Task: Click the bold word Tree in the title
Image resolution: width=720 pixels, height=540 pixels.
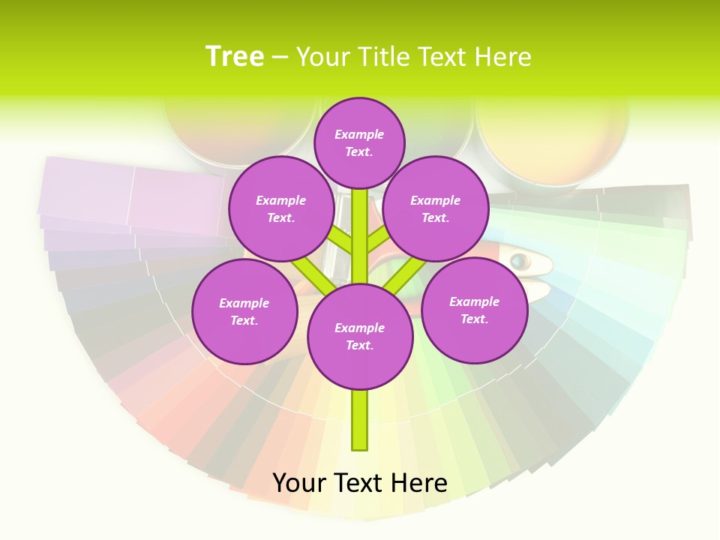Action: (235, 56)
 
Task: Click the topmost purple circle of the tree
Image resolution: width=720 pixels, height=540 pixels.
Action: (359, 142)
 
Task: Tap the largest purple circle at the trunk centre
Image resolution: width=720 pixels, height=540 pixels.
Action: (360, 336)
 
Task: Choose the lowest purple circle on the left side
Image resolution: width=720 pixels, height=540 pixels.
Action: (244, 311)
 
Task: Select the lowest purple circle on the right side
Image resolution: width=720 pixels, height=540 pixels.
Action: (474, 310)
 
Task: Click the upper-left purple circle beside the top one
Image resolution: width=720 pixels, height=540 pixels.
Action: (281, 208)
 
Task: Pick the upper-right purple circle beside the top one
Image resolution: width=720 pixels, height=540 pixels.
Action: (436, 208)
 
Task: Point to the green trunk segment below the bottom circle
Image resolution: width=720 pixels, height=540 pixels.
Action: (360, 420)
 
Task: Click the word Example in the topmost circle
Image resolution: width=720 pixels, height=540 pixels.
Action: (359, 134)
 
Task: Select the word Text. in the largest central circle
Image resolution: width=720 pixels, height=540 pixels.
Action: (359, 345)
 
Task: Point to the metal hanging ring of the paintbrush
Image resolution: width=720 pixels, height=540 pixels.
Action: (519, 261)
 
